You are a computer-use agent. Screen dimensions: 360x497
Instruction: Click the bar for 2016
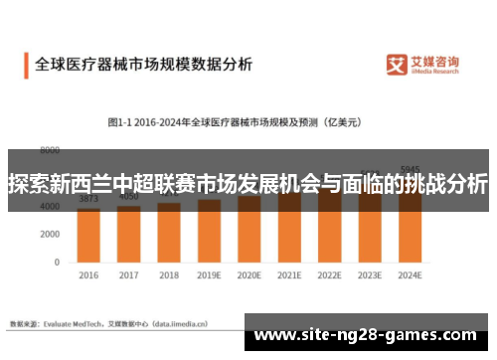[88, 237]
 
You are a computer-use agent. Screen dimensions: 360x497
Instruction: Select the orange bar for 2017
[129, 236]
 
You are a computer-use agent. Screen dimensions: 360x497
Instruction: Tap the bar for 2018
[169, 235]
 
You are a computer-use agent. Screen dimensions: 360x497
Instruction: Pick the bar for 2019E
[209, 233]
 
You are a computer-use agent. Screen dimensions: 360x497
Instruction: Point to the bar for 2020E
[248, 231]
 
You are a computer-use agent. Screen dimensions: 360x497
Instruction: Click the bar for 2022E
[329, 229]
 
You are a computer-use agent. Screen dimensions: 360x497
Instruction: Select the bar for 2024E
[409, 227]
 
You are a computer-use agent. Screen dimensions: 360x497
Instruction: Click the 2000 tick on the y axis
[50, 235]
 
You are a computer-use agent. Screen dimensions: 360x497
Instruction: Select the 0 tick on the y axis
[58, 263]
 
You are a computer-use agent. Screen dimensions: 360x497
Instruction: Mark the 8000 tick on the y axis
[50, 151]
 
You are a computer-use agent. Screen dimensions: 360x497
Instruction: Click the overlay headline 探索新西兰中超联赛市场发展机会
[248, 184]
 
